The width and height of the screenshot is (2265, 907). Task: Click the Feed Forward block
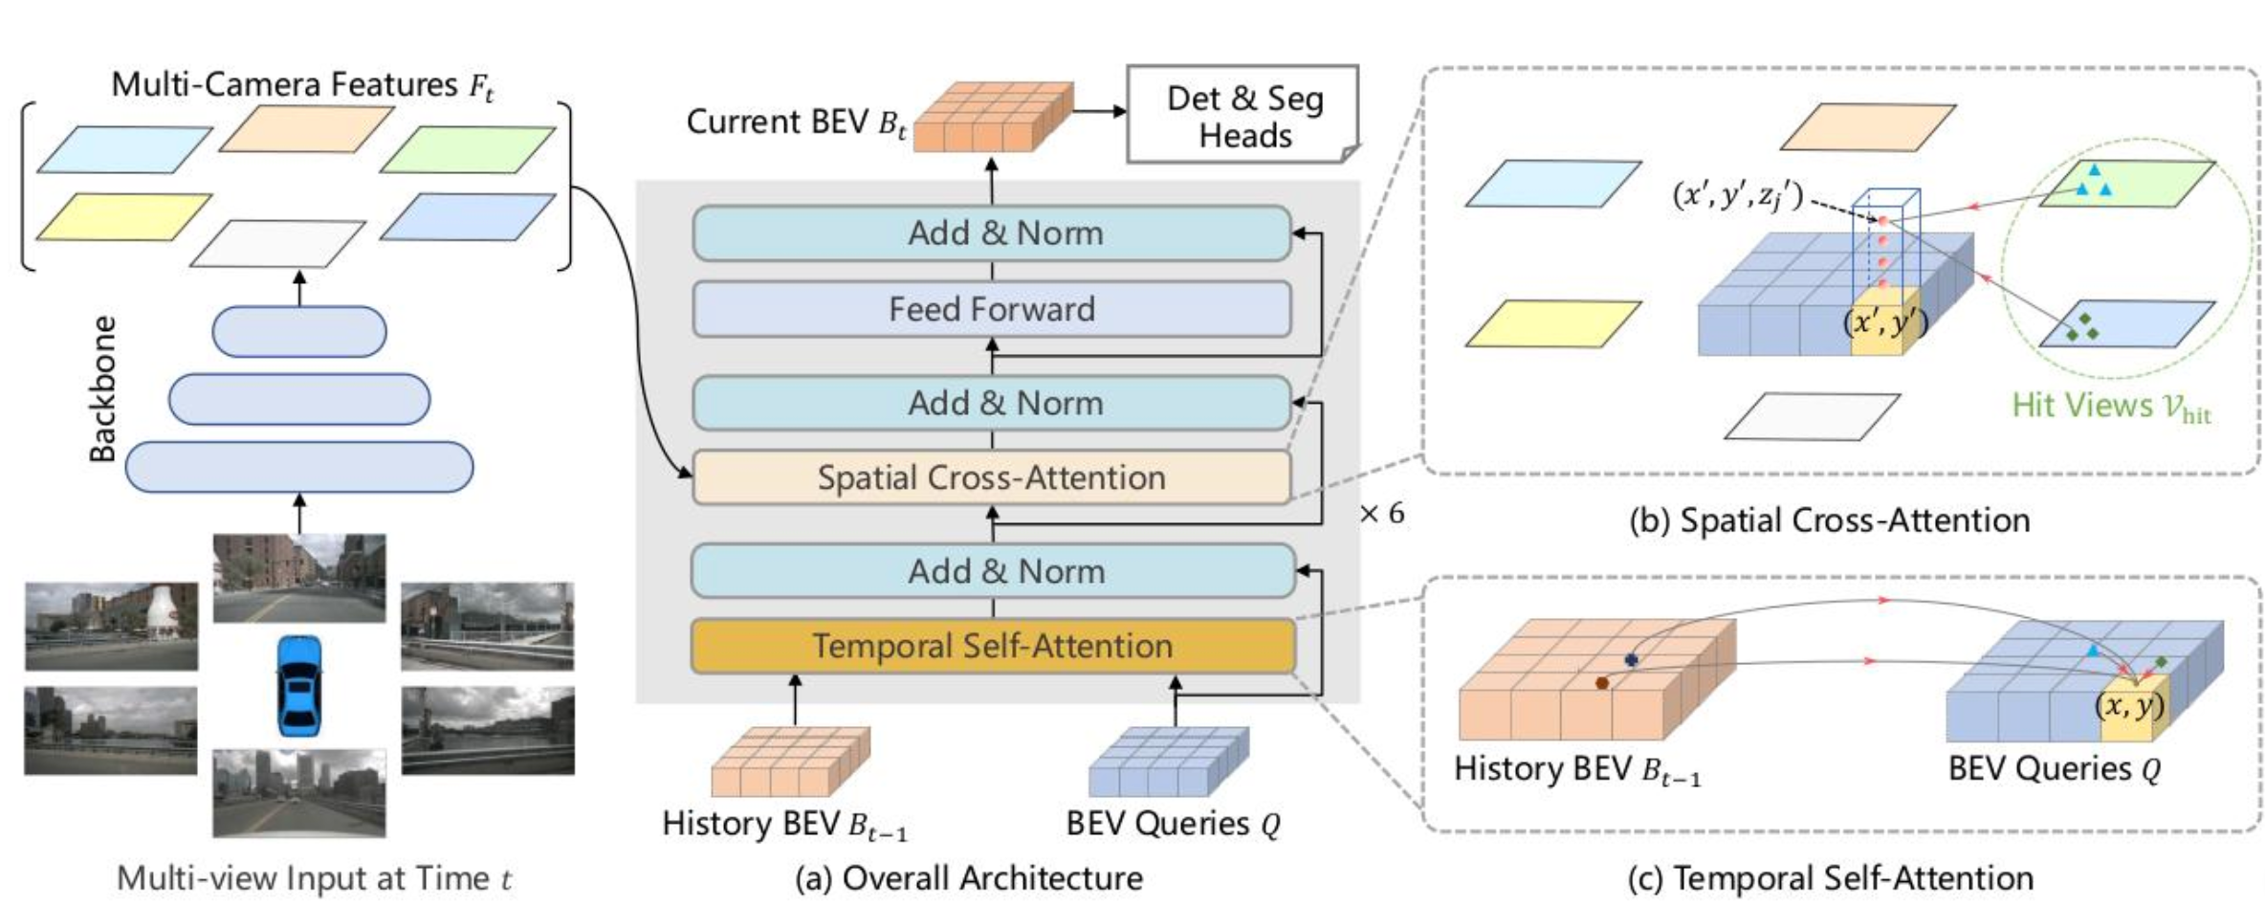tap(992, 309)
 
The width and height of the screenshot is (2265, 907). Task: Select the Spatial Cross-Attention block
tap(992, 477)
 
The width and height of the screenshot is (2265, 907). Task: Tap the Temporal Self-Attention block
tap(993, 646)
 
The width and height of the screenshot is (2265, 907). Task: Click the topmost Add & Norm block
tap(992, 232)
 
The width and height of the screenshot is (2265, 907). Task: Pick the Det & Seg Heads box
tap(1243, 115)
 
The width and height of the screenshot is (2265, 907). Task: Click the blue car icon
tap(299, 685)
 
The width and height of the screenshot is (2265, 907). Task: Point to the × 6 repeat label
tap(1382, 514)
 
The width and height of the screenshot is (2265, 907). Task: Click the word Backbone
tap(102, 388)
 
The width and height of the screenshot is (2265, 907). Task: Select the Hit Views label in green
tap(2111, 407)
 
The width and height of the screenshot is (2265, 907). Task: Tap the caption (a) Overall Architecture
tap(969, 877)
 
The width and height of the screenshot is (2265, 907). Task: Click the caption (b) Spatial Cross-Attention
tap(1830, 520)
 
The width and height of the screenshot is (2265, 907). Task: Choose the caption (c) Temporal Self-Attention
tap(1831, 877)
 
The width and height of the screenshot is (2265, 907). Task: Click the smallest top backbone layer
tap(299, 332)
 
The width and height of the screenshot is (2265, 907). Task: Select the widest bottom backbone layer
tap(299, 467)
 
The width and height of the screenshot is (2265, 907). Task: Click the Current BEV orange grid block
tap(993, 117)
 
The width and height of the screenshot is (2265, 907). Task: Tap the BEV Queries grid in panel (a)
tap(1169, 762)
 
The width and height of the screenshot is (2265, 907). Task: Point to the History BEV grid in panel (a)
tap(790, 762)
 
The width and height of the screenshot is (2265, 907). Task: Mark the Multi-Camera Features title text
tap(302, 85)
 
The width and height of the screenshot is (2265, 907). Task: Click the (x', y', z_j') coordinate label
tap(1737, 196)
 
